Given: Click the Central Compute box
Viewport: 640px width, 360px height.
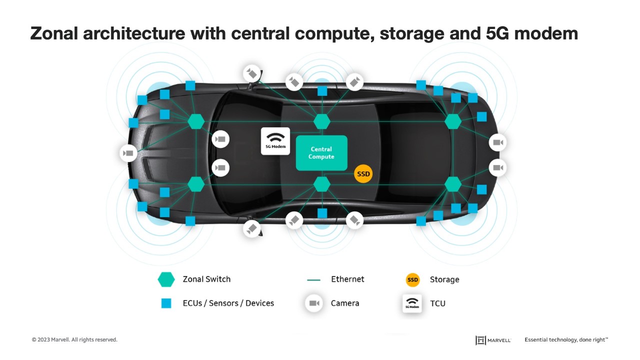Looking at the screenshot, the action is click(x=321, y=153).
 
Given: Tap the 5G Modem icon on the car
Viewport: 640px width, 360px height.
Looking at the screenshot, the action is click(x=275, y=141).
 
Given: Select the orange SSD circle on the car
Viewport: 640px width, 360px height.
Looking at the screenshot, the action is click(x=363, y=173).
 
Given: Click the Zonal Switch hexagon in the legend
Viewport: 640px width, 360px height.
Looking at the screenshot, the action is click(x=166, y=279).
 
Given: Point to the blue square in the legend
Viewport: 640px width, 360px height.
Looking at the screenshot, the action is click(x=166, y=303).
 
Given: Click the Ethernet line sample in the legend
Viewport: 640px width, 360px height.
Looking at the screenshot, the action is click(x=313, y=280).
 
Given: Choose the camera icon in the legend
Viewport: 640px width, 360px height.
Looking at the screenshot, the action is click(x=314, y=303).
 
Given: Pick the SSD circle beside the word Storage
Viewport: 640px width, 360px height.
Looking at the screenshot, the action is click(x=412, y=279).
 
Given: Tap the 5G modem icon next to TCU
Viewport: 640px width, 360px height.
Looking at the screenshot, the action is click(x=412, y=303).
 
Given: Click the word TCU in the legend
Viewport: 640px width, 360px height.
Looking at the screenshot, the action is click(x=437, y=303).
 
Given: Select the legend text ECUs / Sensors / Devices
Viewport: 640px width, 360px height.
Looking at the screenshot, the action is click(x=228, y=303).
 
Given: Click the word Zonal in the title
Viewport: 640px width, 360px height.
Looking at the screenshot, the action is click(x=54, y=33).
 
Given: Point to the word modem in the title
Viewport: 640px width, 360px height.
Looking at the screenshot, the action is click(x=546, y=33).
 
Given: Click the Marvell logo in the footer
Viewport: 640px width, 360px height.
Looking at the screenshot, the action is click(x=493, y=340).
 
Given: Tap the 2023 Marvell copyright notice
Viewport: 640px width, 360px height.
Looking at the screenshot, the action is click(x=74, y=339).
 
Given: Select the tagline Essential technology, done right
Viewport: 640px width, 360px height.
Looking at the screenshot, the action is click(x=566, y=339).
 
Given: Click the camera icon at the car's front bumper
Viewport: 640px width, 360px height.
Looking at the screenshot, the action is click(x=128, y=153).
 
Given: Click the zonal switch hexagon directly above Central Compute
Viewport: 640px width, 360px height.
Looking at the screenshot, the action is click(x=322, y=121).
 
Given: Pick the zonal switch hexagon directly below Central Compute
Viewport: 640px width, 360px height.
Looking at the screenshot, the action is click(x=322, y=184).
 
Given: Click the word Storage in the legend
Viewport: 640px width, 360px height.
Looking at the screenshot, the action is click(x=444, y=279).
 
